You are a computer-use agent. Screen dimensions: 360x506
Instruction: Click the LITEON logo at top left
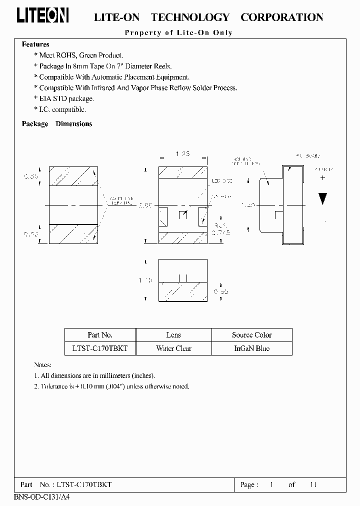[43, 16]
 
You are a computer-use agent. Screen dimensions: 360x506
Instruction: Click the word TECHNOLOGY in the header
[190, 17]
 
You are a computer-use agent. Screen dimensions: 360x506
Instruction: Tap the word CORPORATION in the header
[281, 17]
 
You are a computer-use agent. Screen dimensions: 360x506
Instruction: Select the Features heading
[35, 44]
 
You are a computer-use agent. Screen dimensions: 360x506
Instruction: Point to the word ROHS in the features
[71, 55]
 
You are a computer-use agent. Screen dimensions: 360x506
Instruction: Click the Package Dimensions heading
[57, 124]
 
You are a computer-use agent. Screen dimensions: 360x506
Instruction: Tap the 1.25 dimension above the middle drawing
[183, 154]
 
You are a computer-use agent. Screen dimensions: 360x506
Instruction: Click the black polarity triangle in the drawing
[322, 198]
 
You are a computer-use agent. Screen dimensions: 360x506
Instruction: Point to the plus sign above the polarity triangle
[322, 177]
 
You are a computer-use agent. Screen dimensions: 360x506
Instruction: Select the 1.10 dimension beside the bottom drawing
[146, 280]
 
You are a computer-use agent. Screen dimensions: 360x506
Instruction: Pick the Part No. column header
[100, 335]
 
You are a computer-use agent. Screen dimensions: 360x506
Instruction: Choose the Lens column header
[173, 335]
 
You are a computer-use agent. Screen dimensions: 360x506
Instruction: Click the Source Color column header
[251, 335]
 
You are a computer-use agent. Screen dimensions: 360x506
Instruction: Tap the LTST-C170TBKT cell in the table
[100, 348]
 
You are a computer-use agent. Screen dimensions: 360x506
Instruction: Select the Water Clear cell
[173, 348]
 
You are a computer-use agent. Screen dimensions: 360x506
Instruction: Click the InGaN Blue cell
[251, 348]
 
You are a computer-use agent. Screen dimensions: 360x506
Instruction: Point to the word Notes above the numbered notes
[42, 365]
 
